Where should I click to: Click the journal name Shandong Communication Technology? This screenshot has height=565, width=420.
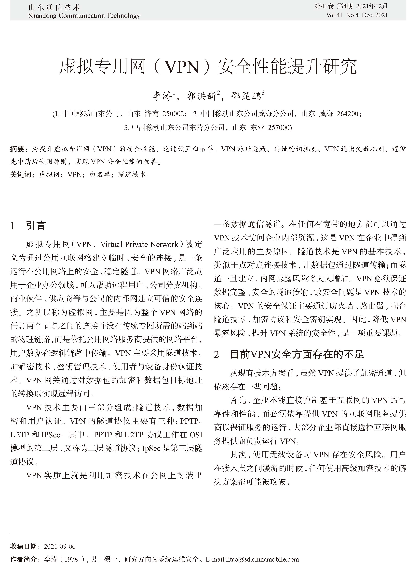tap(84, 16)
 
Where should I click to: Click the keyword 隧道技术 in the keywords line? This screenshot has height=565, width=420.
tap(132, 175)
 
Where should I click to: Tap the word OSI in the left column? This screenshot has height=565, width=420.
tap(196, 435)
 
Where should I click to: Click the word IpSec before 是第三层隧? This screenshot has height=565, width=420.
tap(151, 448)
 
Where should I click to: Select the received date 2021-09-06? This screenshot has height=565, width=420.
tap(60, 546)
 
